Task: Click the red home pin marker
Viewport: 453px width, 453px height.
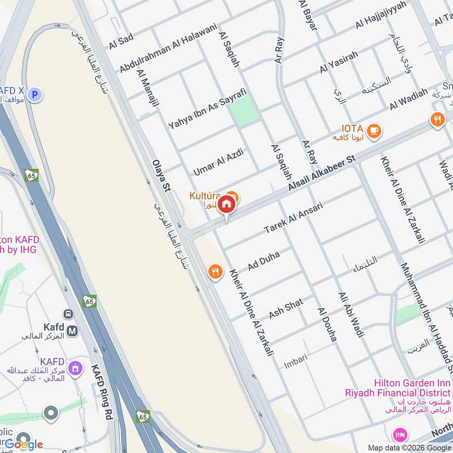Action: coord(226,204)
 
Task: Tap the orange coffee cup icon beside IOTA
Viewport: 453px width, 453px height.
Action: coord(374,131)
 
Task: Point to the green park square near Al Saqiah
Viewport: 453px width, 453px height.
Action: coord(245,110)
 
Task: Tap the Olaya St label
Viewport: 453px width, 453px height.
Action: coord(161,176)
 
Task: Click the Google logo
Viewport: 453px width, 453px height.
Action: coord(24,445)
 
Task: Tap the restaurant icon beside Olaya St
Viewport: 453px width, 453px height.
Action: coord(215,271)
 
